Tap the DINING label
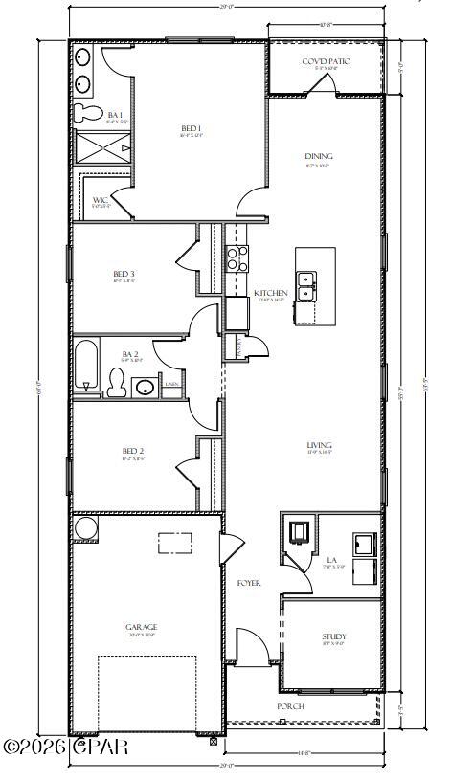point(318,157)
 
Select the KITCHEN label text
point(270,293)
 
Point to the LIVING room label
point(319,445)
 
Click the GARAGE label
point(141,627)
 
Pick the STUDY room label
point(334,636)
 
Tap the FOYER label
point(249,583)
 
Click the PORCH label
point(290,706)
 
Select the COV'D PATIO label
point(326,62)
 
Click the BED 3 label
point(124,274)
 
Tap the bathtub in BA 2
point(86,364)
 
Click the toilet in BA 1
point(89,114)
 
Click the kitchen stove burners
point(236,257)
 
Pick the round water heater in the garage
point(85,528)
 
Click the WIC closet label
point(100,201)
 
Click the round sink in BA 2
point(145,387)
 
